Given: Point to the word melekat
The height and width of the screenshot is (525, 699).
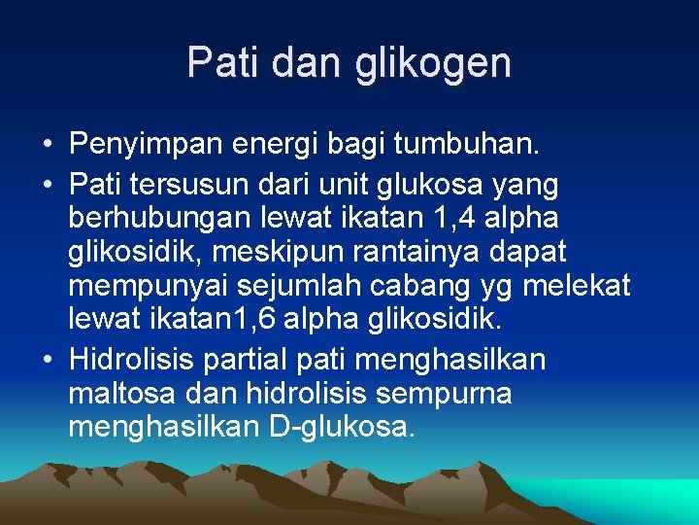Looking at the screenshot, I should click(578, 288).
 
